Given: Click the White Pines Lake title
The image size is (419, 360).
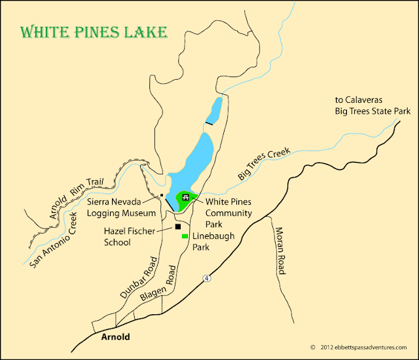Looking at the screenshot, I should point(94,31).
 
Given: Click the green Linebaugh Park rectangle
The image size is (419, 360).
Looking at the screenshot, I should point(185,236).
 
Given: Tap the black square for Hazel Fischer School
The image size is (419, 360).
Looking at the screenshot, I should point(177,227).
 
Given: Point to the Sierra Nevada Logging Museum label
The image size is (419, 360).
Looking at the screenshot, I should point(122,208).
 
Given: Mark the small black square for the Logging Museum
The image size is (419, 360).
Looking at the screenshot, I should point(161,195).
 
